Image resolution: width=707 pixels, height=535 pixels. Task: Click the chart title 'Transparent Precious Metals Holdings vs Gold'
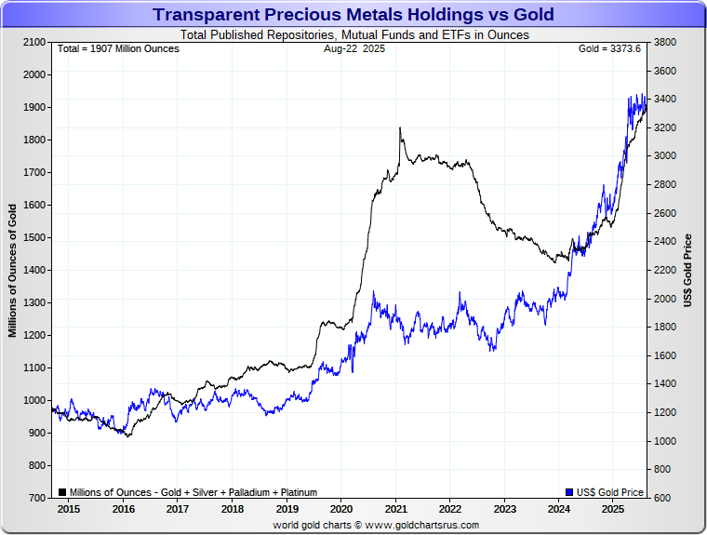(353, 15)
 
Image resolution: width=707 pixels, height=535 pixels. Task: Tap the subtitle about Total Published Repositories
(353, 34)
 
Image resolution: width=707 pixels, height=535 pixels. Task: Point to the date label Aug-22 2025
(353, 48)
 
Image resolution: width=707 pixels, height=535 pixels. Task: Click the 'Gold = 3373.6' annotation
(609, 48)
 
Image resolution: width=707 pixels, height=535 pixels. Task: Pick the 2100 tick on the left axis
(33, 43)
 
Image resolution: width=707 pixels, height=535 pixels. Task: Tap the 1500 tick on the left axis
(33, 238)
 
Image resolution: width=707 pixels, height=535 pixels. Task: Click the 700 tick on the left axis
(36, 499)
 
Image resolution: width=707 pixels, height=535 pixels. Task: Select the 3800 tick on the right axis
(665, 43)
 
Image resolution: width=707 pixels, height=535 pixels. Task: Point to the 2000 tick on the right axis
(665, 299)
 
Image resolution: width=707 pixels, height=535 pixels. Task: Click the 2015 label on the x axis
(69, 510)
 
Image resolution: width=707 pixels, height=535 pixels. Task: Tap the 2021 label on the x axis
(395, 510)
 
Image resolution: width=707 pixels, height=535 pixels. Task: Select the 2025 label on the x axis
(613, 510)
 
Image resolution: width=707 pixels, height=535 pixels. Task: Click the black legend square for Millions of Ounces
(61, 492)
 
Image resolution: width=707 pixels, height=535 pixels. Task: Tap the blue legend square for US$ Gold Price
(569, 492)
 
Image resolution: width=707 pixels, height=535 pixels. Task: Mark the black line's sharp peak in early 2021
(400, 128)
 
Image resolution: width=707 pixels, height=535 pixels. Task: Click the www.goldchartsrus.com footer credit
(375, 525)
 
